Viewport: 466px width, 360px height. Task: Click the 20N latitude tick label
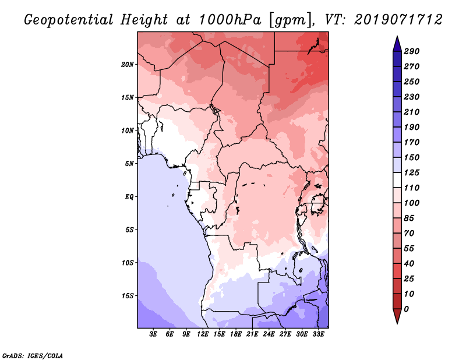128,64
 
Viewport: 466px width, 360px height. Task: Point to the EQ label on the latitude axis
129,196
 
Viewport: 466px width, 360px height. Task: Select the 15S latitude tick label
128,295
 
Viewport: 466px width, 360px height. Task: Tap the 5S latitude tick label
129,230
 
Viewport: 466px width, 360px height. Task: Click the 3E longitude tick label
154,335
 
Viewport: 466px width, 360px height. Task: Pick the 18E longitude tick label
236,335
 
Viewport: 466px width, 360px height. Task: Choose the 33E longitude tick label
318,335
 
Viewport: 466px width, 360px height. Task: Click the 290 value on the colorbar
411,51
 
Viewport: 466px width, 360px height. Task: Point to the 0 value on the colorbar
406,309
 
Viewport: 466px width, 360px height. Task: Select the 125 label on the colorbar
411,172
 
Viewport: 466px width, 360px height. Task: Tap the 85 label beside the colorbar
409,218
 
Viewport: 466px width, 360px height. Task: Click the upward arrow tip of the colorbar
396,38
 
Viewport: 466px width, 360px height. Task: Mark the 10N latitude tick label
128,130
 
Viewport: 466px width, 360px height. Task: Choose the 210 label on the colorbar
411,112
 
